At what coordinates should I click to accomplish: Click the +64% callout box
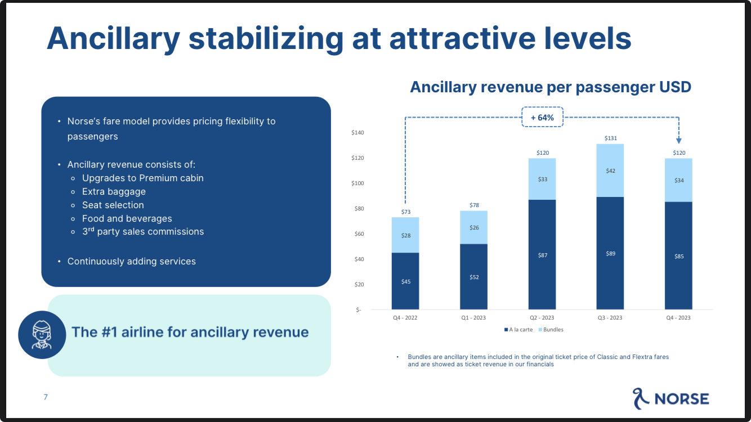(542, 117)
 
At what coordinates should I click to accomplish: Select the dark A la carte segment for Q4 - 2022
(405, 281)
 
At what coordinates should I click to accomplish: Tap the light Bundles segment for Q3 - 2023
(610, 170)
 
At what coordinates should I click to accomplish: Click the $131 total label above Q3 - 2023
(610, 138)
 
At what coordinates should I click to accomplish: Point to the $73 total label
(405, 212)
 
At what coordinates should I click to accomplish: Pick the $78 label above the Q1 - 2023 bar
(474, 205)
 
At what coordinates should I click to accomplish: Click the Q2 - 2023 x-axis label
(542, 318)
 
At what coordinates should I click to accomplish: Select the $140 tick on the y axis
(357, 133)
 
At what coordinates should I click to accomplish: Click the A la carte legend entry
(518, 330)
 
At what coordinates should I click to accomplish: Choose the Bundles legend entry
(551, 330)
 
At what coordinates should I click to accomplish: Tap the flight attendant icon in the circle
(42, 335)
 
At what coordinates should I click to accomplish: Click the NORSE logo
(670, 398)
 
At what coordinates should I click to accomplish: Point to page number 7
(46, 397)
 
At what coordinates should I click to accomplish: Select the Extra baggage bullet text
(114, 191)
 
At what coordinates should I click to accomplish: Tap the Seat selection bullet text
(113, 205)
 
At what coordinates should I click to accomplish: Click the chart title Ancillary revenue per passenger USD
(550, 87)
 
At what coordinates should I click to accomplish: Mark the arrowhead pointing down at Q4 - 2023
(678, 141)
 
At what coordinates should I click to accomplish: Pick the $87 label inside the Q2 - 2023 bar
(542, 255)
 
